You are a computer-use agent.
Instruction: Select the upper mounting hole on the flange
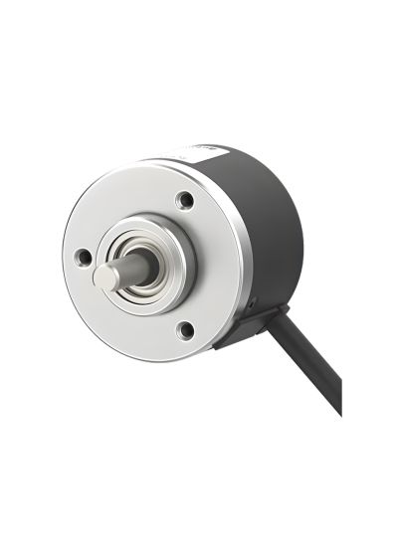point(185,200)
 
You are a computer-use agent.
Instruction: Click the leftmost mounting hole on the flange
point(84,258)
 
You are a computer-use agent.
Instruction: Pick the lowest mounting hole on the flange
point(184,329)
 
